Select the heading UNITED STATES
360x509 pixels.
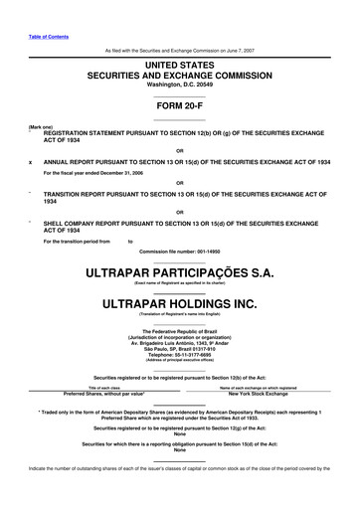[180, 64]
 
